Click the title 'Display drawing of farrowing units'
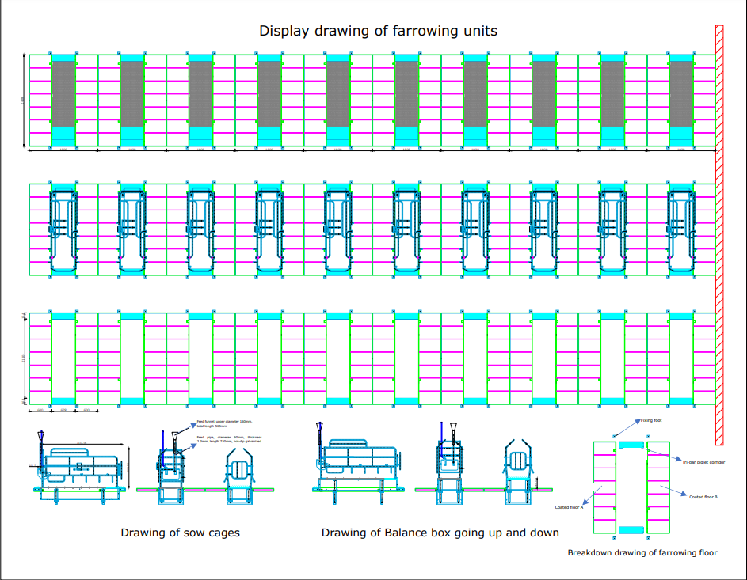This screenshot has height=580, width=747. [x=379, y=32]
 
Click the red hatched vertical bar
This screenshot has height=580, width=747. [x=718, y=234]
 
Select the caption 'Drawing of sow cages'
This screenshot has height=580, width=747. [x=180, y=533]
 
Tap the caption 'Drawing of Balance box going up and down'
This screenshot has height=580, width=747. [x=440, y=533]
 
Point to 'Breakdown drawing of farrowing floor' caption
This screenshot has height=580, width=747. [x=642, y=552]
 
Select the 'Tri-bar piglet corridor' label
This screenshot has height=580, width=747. [x=703, y=461]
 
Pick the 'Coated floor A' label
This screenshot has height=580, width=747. [x=569, y=507]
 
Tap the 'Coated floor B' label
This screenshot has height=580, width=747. [x=703, y=497]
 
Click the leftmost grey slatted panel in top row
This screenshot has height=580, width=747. [x=63, y=93]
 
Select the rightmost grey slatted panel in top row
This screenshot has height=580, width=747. [x=681, y=93]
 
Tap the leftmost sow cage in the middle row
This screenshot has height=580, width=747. [x=63, y=229]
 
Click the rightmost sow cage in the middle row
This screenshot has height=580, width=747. [x=681, y=229]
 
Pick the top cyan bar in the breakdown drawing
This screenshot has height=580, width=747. [x=631, y=445]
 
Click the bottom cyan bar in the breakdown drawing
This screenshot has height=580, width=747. [x=631, y=529]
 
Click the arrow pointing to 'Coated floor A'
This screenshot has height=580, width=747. [x=590, y=495]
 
